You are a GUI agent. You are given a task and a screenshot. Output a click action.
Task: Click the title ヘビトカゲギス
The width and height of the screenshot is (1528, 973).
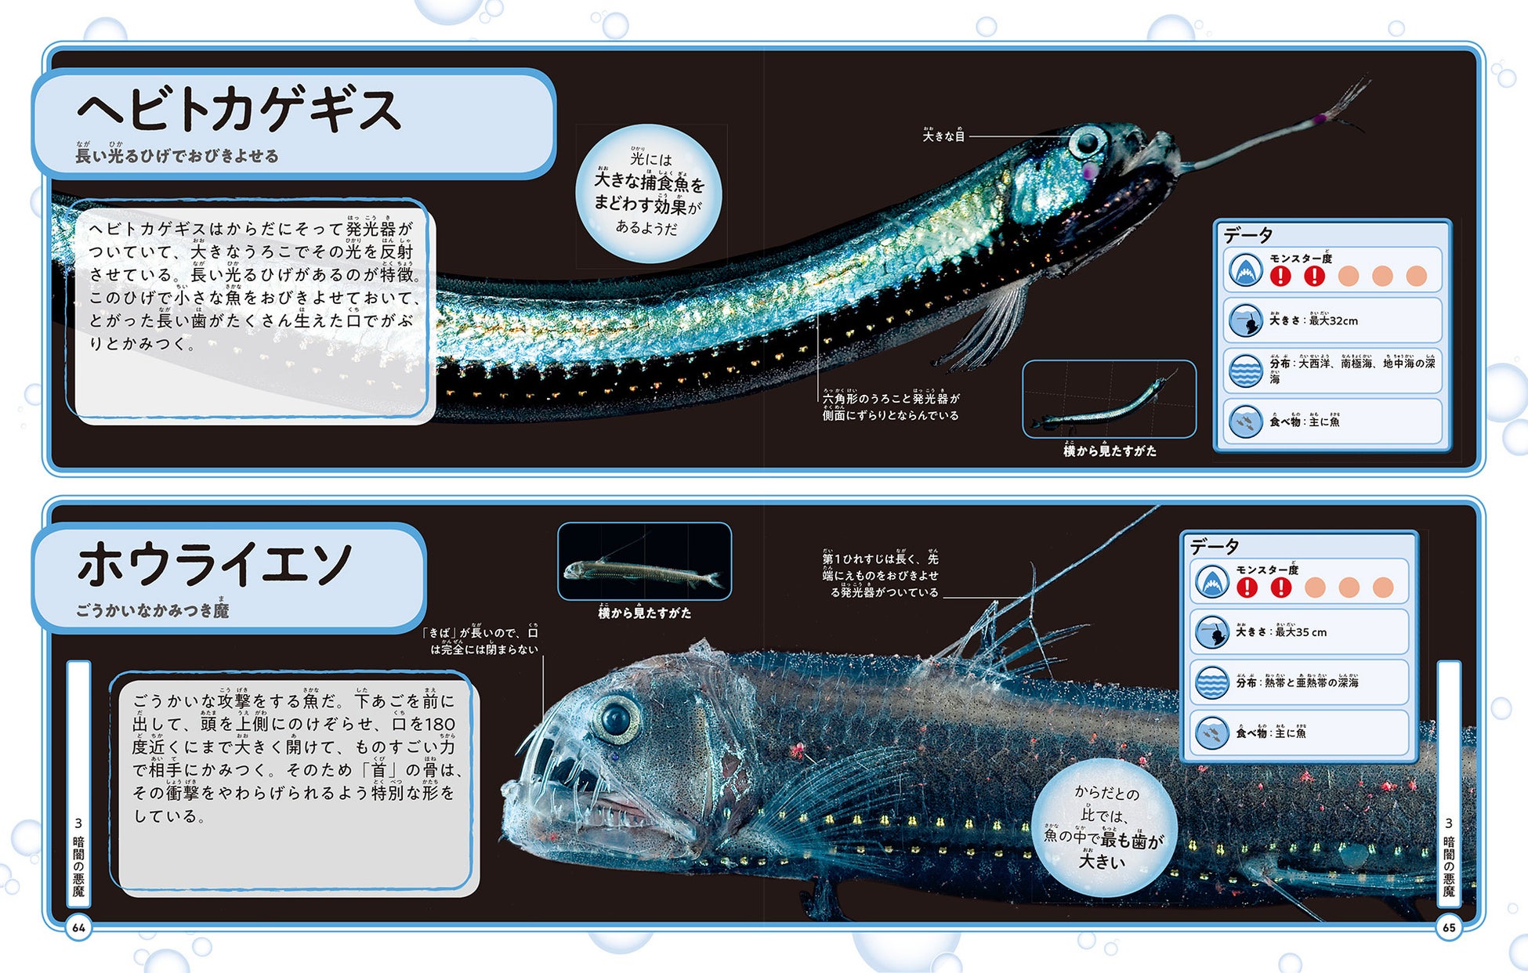[x=239, y=110]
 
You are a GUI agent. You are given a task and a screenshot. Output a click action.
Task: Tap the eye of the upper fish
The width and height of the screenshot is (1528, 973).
[x=1088, y=142]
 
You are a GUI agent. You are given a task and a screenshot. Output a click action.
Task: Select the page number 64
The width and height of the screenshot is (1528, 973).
[x=78, y=928]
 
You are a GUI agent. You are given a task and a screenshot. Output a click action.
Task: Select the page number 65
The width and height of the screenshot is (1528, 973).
[x=1448, y=928]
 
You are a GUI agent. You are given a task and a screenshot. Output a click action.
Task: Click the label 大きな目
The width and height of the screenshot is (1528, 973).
[x=943, y=136]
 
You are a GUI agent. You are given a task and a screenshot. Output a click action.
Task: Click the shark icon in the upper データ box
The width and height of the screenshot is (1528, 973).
[x=1244, y=271]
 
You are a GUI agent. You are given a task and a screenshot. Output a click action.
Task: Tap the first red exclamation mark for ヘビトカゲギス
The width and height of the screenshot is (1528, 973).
[x=1280, y=276]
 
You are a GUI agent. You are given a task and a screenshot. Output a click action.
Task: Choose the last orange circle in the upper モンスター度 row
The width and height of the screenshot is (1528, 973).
[x=1416, y=276]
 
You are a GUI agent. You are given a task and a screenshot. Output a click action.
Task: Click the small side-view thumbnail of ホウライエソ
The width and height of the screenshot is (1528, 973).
[x=644, y=562]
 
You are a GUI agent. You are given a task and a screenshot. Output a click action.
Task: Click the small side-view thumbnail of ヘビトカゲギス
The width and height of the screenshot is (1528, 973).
[x=1109, y=399]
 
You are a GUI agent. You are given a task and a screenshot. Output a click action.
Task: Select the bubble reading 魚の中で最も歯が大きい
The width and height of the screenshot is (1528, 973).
[x=1103, y=827]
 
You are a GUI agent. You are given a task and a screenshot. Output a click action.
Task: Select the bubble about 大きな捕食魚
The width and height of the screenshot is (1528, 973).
[x=648, y=194]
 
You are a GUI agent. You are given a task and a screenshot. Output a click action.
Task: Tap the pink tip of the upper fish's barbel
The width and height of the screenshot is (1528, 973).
[x=1320, y=119]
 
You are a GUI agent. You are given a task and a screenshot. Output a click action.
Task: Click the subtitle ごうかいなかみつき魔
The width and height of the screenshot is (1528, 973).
[x=152, y=610]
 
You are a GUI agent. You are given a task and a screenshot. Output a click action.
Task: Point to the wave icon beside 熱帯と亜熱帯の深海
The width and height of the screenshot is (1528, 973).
[x=1211, y=682]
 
